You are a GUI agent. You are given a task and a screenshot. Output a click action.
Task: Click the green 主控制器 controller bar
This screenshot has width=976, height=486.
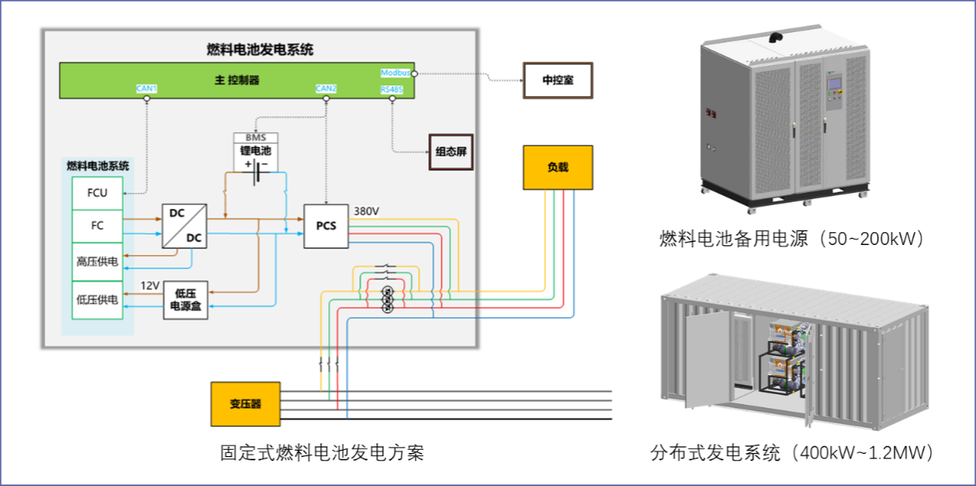click(x=237, y=80)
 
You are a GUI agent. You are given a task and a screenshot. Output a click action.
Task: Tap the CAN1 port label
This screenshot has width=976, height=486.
click(x=146, y=88)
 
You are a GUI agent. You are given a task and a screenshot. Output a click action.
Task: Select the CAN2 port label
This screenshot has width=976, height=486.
click(x=326, y=88)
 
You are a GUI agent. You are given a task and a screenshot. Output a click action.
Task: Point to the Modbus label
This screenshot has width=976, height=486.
click(x=395, y=72)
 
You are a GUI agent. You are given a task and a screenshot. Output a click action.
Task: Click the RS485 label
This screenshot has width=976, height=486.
click(x=392, y=89)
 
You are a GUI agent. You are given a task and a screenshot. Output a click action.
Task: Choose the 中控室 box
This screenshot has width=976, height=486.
click(x=558, y=80)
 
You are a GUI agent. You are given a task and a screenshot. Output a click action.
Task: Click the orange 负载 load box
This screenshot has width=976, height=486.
click(x=557, y=167)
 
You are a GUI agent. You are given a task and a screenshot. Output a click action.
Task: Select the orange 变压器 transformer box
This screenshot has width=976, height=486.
click(x=245, y=403)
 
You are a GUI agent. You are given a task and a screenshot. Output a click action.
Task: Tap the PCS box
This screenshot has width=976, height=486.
click(x=326, y=226)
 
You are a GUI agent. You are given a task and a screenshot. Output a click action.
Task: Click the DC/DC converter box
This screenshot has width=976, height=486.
click(x=184, y=226)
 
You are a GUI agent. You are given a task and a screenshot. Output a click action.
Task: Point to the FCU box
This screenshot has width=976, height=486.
click(x=97, y=193)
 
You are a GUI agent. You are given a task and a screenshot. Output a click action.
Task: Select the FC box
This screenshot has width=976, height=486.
click(x=97, y=226)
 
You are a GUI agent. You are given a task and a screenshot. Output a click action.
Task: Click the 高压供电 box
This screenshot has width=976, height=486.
click(x=97, y=261)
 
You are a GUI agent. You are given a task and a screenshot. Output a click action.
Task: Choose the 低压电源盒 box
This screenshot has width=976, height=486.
click(x=186, y=300)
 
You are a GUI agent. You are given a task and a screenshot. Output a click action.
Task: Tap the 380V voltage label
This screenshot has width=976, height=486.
click(x=366, y=211)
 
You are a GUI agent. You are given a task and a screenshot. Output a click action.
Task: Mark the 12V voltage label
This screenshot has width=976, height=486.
click(x=150, y=285)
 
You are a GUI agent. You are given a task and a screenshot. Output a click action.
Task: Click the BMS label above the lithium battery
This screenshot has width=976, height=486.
click(x=255, y=138)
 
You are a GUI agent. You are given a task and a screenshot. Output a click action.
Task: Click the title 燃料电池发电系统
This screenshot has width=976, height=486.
click(x=260, y=50)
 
